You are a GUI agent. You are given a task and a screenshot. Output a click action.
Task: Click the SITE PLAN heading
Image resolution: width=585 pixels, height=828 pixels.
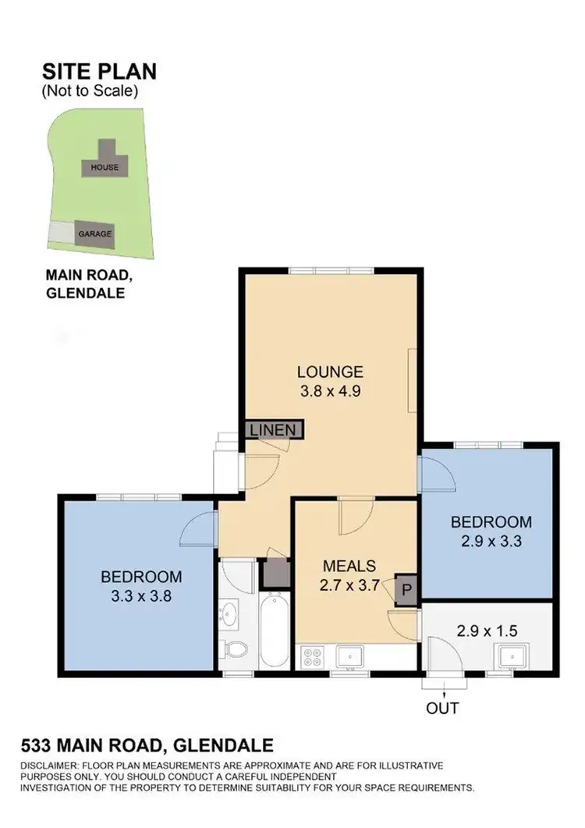click(99, 72)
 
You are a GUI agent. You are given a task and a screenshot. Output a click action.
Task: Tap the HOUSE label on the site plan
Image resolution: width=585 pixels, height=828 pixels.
click(105, 167)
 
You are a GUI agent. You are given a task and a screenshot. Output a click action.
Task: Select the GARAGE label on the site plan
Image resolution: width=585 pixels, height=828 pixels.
click(94, 233)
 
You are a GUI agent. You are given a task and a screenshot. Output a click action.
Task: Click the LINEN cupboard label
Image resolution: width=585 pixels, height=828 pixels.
click(273, 429)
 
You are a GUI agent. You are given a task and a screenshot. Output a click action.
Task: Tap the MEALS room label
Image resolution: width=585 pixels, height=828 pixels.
click(350, 566)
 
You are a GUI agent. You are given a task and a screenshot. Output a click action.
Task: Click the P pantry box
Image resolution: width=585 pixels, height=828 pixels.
click(406, 590)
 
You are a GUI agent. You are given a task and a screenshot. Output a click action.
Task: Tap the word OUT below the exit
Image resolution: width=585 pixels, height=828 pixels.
click(442, 709)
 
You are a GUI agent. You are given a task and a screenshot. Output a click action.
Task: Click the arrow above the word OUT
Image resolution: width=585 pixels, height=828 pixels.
click(442, 691)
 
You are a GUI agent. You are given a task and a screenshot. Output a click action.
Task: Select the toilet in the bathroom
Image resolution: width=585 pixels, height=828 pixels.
click(234, 649)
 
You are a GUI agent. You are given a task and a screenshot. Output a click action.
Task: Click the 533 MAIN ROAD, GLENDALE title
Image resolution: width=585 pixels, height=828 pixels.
click(147, 745)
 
